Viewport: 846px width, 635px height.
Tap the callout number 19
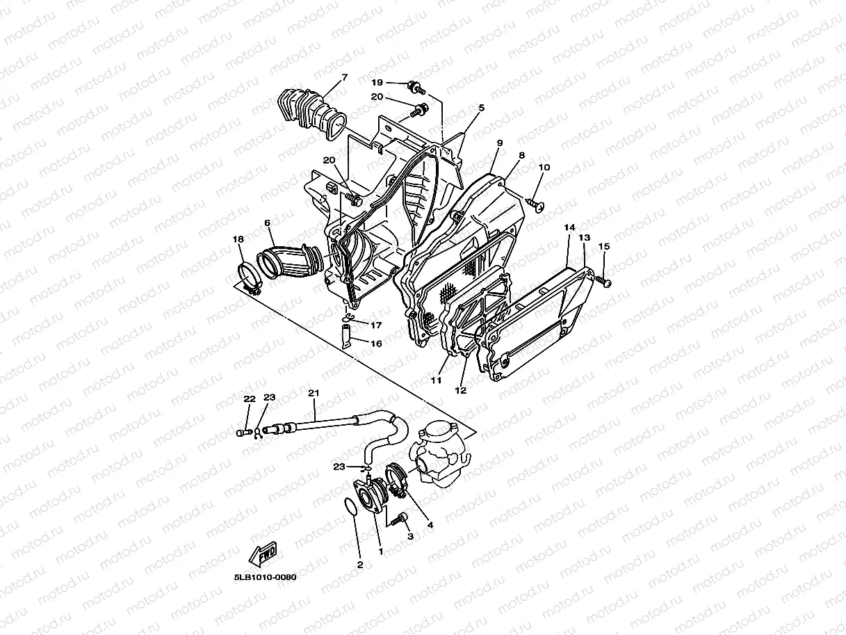click(x=377, y=83)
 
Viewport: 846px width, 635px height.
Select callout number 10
click(x=544, y=168)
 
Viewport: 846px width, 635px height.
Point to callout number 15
click(x=603, y=246)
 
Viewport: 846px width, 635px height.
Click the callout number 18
click(x=238, y=239)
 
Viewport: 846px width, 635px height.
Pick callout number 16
click(x=375, y=343)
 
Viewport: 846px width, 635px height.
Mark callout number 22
click(x=250, y=399)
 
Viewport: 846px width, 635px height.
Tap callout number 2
click(x=359, y=564)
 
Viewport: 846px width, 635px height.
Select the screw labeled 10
click(x=535, y=202)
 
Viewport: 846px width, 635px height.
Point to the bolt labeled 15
click(x=605, y=281)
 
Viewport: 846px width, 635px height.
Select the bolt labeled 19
click(x=416, y=88)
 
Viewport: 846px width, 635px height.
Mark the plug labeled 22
click(x=241, y=433)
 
